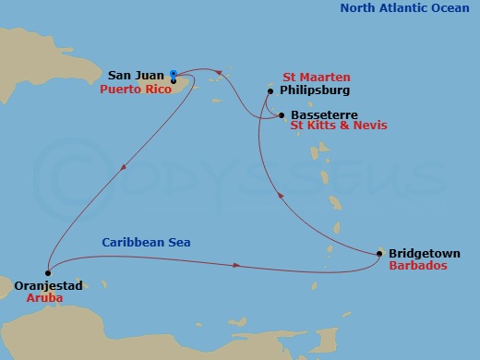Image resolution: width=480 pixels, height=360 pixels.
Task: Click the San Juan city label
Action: tap(136, 75)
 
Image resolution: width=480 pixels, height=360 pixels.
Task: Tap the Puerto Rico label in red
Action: tap(134, 90)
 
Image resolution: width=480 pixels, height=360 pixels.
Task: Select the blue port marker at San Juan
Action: tap(174, 74)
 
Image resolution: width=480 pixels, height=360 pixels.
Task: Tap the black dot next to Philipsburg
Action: tap(270, 91)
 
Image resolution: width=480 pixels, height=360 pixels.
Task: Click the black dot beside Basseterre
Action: tap(282, 115)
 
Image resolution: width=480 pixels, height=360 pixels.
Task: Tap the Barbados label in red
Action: tap(418, 265)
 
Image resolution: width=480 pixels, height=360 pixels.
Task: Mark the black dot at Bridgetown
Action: tap(379, 253)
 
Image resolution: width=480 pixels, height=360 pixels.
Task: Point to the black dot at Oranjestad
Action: tap(47, 272)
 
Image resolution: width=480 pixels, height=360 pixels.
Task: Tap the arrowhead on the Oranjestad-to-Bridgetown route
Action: tap(237, 266)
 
